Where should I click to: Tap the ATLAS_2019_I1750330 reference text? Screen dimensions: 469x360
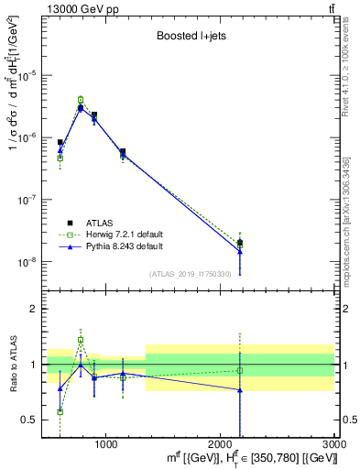tap(189, 274)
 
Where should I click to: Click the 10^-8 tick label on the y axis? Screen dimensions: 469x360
tap(27, 262)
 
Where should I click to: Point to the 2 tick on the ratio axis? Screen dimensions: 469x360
tap(35, 309)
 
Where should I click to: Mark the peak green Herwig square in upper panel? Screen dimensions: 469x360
tap(81, 99)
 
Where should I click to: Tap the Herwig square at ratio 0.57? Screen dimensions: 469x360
tap(60, 411)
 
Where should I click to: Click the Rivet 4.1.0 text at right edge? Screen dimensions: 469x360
tap(350, 64)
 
